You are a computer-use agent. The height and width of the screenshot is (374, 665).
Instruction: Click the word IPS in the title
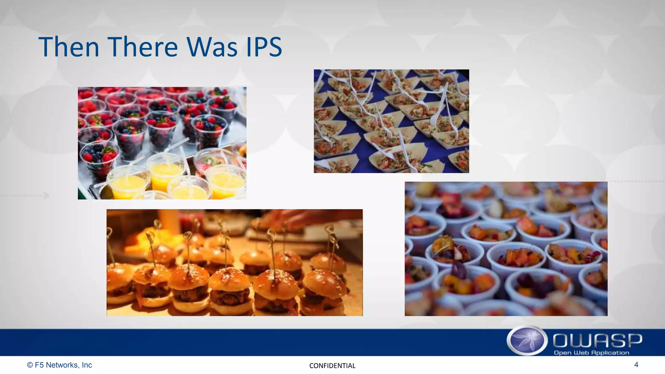click(264, 47)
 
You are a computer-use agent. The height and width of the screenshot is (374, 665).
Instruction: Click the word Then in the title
click(69, 47)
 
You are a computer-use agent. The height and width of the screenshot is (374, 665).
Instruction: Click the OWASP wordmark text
click(597, 341)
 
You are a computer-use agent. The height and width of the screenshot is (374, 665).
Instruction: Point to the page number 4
click(636, 365)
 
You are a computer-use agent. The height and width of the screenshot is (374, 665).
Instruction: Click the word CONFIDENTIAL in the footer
click(332, 366)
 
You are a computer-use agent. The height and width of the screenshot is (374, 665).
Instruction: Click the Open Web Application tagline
click(591, 353)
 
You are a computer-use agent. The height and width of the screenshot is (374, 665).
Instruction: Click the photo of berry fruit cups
click(162, 143)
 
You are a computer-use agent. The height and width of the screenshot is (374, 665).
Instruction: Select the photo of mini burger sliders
click(234, 262)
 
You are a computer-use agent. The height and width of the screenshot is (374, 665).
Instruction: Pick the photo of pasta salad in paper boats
click(391, 121)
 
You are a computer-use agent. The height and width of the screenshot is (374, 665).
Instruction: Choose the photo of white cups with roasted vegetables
click(506, 249)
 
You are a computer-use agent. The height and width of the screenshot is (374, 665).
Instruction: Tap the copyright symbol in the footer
click(30, 365)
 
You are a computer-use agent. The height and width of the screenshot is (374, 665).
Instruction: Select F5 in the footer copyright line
click(39, 365)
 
